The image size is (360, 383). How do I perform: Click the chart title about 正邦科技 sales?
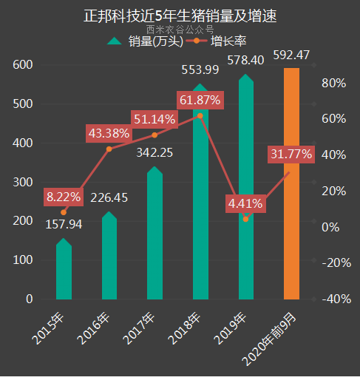pyautogui.click(x=180, y=14)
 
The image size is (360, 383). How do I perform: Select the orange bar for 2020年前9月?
pyautogui.click(x=292, y=185)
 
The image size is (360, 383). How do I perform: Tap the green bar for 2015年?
pyautogui.click(x=64, y=270)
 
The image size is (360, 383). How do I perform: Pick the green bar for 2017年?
pyautogui.click(x=154, y=237)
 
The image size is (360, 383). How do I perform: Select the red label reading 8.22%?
pyautogui.click(x=64, y=197)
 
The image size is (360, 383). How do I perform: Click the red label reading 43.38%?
pyautogui.click(x=109, y=134)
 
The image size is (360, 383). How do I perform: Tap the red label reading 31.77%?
pyautogui.click(x=291, y=155)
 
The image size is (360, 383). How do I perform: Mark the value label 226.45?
pyautogui.click(x=109, y=197)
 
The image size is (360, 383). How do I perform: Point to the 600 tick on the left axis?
pyautogui.click(x=23, y=65)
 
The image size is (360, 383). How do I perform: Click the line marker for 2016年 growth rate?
pyautogui.click(x=109, y=149)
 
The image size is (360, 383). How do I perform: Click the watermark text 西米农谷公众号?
pyautogui.click(x=180, y=30)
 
